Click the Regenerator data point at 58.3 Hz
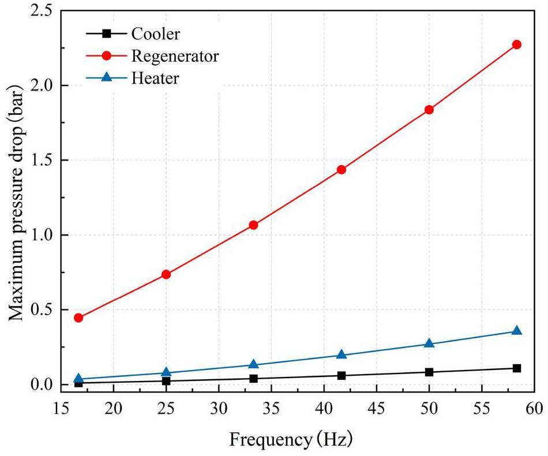(516, 44)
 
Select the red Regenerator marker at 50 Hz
(429, 110)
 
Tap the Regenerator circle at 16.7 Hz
(78, 317)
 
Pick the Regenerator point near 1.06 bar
(253, 225)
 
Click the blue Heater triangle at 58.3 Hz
(516, 331)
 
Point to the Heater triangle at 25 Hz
(166, 372)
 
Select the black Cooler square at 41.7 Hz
(341, 375)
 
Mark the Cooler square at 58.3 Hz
(516, 368)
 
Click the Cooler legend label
(155, 33)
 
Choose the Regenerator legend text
(175, 55)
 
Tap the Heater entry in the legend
(155, 78)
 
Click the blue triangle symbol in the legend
(106, 78)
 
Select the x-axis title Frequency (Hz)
(291, 440)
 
